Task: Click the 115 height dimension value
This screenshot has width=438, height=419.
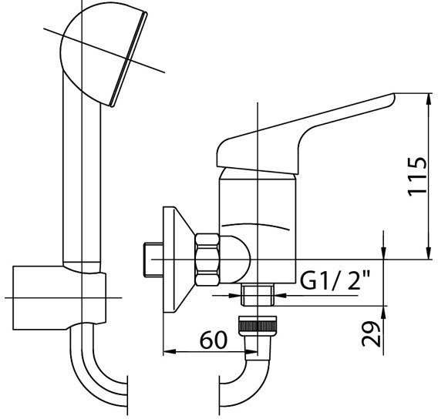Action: coord(417,177)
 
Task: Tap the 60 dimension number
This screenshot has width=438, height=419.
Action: coord(214,340)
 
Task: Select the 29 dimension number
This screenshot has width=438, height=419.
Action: coord(371,334)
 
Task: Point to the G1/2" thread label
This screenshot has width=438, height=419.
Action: coord(335,280)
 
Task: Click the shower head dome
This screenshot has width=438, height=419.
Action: coord(103,53)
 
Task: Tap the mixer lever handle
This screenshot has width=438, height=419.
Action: coord(305,134)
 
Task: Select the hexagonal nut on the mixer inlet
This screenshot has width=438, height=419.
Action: coord(207,260)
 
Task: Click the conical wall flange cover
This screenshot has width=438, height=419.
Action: coord(179,260)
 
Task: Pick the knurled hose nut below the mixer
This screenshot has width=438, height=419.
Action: coord(258,326)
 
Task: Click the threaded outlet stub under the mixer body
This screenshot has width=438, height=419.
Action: coord(258,294)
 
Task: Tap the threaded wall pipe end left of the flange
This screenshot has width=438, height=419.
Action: coord(153,260)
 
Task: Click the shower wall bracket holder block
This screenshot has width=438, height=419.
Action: coord(59,298)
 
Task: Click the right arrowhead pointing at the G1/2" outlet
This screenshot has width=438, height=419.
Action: coord(281,295)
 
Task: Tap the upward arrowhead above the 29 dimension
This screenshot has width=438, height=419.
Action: coord(384,313)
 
